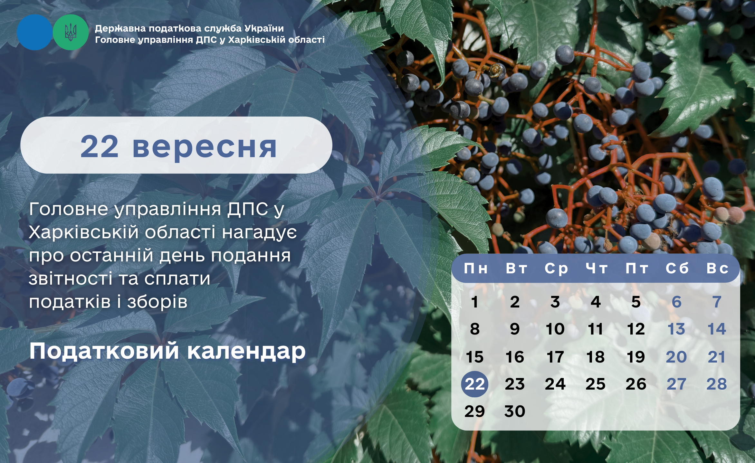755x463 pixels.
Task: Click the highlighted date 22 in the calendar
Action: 474,384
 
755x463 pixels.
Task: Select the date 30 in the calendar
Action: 515,411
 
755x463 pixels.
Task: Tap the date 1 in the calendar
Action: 474,302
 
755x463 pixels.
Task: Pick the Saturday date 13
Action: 676,329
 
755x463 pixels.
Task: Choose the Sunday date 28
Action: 717,384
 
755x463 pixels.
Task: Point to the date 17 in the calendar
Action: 555,357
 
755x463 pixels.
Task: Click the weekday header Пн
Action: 475,268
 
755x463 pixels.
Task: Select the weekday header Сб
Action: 677,268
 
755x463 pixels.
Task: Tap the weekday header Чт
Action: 597,268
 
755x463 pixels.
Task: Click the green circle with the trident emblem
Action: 71,32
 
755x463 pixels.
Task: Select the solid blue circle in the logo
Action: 34,32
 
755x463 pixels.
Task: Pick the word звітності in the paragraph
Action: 70,279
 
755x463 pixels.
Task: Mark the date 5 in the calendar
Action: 636,302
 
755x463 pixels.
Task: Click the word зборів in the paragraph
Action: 157,302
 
